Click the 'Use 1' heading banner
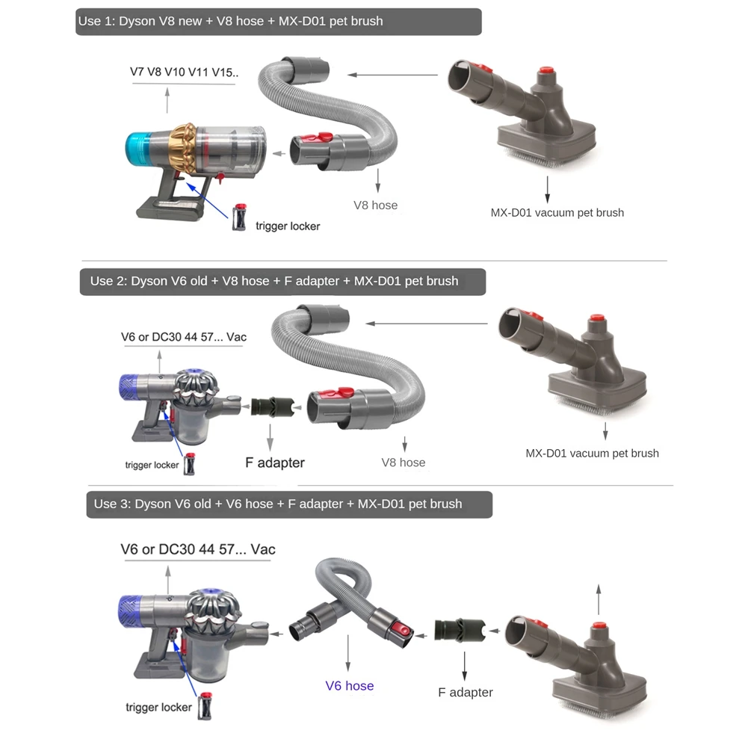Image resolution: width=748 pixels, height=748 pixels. click(x=278, y=22)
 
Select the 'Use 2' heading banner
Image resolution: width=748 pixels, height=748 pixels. click(x=282, y=282)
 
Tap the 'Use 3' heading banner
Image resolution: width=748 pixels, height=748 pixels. click(x=288, y=504)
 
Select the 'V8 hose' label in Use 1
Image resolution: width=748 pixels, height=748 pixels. click(x=375, y=205)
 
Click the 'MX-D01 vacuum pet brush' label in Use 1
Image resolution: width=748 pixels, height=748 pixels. click(x=557, y=213)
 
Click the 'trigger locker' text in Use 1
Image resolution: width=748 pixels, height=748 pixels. click(x=288, y=226)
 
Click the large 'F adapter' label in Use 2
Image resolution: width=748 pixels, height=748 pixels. click(x=275, y=463)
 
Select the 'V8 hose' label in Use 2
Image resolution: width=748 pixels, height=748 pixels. click(x=403, y=463)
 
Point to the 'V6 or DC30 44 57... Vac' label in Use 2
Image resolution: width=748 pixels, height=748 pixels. click(x=184, y=337)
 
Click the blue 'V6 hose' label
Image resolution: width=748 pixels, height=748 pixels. click(x=349, y=686)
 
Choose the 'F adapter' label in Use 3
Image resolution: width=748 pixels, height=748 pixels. click(x=465, y=693)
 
